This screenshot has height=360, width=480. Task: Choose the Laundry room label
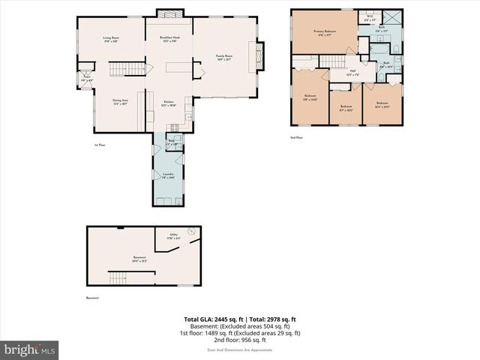click(x=168, y=175)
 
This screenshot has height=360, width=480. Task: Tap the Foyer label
click(x=87, y=77)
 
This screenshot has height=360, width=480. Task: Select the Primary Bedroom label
click(x=324, y=32)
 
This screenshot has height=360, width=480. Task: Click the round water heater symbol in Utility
click(x=190, y=230)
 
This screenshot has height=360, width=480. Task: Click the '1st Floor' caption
click(x=99, y=145)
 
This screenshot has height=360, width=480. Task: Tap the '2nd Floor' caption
click(x=297, y=137)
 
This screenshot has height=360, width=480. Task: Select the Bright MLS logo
click(x=30, y=349)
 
